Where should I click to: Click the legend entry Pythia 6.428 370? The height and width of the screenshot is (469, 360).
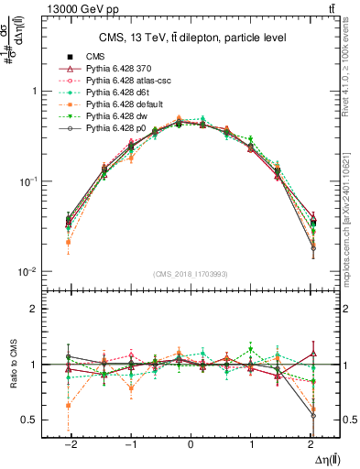118,69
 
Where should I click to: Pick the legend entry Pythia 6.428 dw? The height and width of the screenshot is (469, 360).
116,117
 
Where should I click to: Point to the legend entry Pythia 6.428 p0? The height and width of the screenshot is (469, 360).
115,129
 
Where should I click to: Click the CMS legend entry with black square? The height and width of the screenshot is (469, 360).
95,57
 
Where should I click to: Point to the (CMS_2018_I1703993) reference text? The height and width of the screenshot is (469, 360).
189,273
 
